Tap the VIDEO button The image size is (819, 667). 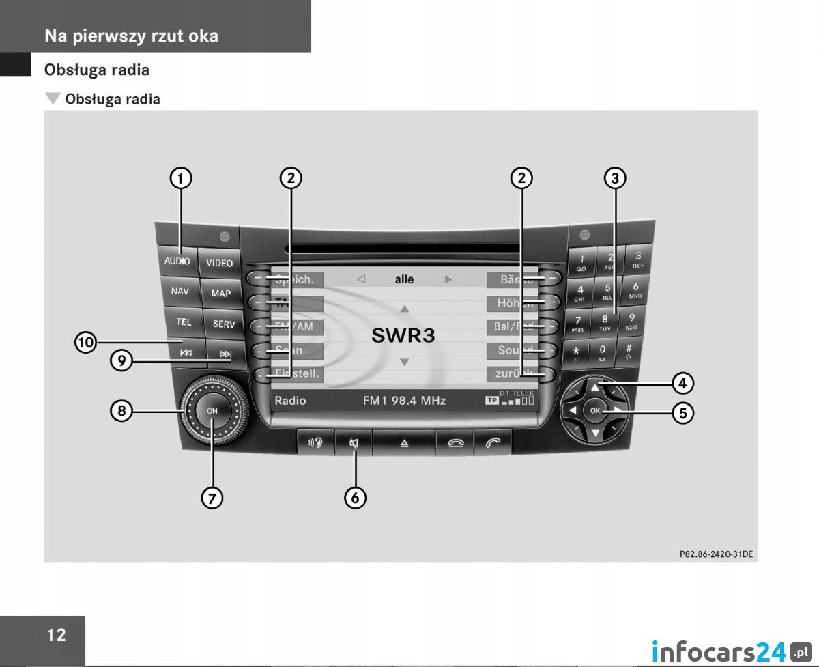(x=219, y=263)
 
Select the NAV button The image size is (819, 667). (x=180, y=292)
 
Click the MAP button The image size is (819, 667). (x=221, y=294)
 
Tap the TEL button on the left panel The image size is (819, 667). (x=184, y=322)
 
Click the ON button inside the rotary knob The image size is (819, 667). (x=212, y=411)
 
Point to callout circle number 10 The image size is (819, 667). (x=86, y=342)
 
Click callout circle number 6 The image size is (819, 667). (x=355, y=498)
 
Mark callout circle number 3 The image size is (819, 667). (x=615, y=179)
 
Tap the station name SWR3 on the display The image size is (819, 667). (x=403, y=335)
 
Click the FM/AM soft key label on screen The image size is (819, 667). (x=293, y=327)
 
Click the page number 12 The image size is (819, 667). (x=57, y=635)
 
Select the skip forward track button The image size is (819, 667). (x=225, y=354)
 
